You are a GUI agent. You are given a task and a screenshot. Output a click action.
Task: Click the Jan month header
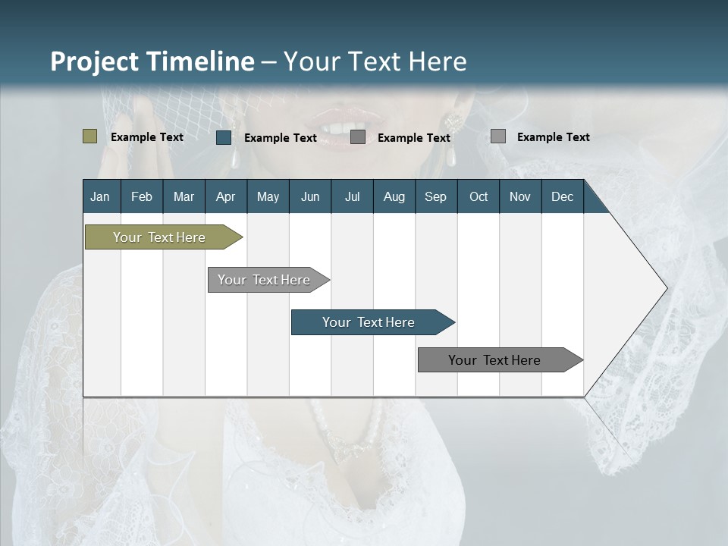(100, 196)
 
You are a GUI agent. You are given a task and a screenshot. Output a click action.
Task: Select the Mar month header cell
(184, 196)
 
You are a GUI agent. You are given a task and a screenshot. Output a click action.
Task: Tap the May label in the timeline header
(268, 196)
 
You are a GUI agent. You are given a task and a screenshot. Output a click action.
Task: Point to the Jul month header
(352, 196)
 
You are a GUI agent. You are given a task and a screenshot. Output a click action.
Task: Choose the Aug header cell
(394, 196)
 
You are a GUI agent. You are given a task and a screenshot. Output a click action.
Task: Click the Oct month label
(479, 196)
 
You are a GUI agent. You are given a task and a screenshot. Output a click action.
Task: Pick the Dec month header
(562, 196)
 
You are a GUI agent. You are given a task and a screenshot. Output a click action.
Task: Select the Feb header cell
(142, 196)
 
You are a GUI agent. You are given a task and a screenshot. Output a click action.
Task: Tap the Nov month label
(519, 196)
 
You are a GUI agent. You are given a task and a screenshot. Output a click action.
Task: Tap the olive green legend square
(89, 136)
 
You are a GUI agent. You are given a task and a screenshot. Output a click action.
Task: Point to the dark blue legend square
(224, 137)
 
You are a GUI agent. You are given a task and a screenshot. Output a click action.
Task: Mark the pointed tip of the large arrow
(666, 287)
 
